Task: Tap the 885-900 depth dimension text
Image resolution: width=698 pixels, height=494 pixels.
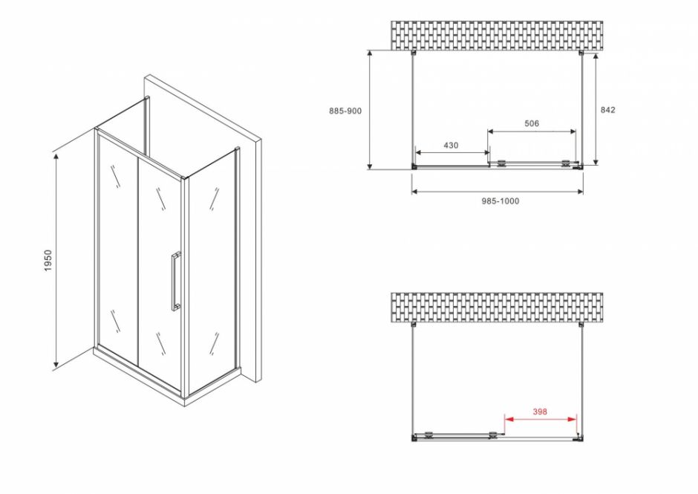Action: pos(345,110)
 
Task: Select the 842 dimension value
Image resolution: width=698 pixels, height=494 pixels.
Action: pos(607,110)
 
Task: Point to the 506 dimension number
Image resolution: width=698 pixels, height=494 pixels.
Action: pos(531,123)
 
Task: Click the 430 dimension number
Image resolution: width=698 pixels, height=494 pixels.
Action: pos(451,145)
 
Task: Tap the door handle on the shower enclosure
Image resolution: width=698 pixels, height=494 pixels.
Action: pos(175,280)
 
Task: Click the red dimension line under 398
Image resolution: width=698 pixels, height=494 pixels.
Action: pos(541,419)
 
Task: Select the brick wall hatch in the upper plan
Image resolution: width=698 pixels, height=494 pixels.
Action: pos(497,36)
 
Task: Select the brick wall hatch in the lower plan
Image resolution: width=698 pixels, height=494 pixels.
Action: pos(497,308)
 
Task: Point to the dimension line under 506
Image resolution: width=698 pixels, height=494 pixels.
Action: pos(531,132)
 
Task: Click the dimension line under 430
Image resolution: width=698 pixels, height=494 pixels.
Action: pos(451,154)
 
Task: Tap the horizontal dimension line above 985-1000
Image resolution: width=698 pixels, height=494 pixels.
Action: pos(498,192)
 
